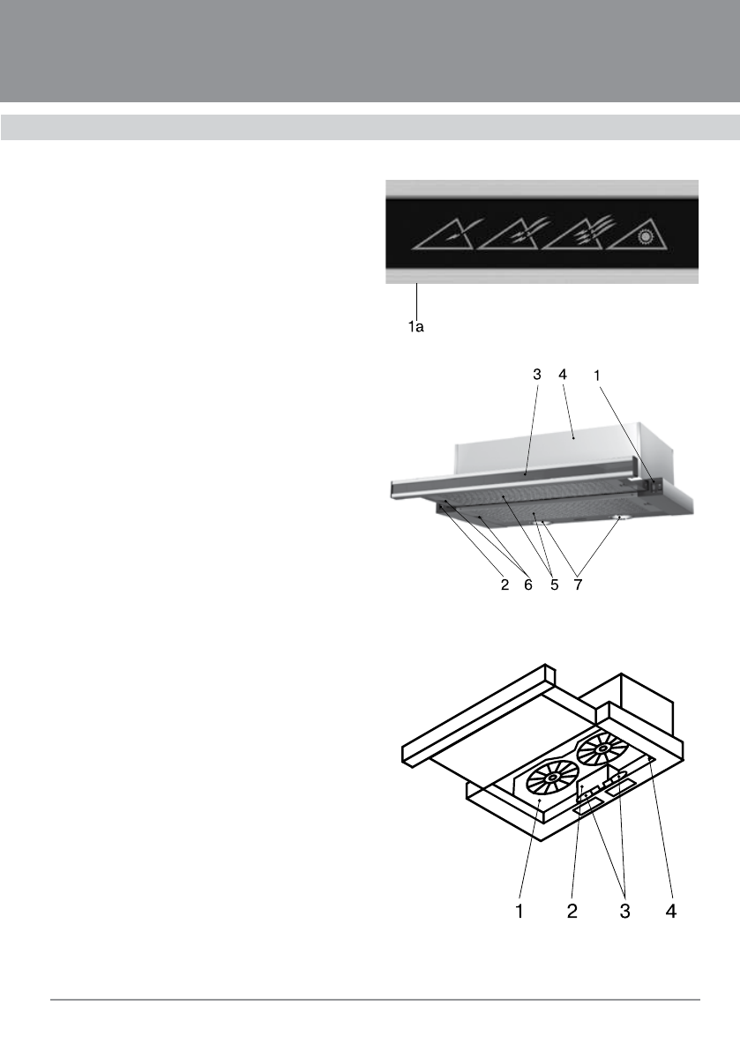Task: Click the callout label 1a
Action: pyautogui.click(x=415, y=327)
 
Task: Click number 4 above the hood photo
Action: pyautogui.click(x=562, y=375)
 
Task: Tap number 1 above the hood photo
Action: pyautogui.click(x=597, y=375)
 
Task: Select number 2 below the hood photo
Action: pyautogui.click(x=505, y=584)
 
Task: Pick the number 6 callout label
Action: pyautogui.click(x=528, y=584)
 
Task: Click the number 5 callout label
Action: pyautogui.click(x=554, y=584)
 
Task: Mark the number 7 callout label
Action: pyautogui.click(x=577, y=584)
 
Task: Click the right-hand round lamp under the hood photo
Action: pyautogui.click(x=620, y=518)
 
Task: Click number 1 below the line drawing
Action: pyautogui.click(x=520, y=909)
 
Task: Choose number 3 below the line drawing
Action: pyautogui.click(x=624, y=909)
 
